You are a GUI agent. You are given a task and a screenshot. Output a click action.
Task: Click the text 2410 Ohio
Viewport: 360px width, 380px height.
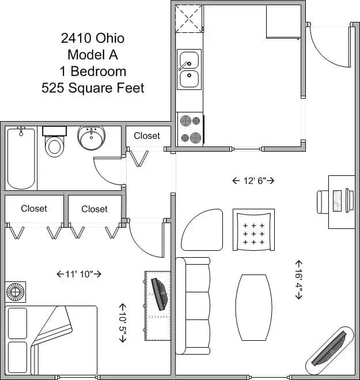click(x=92, y=39)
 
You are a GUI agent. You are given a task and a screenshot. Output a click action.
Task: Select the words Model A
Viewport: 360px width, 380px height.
click(x=92, y=55)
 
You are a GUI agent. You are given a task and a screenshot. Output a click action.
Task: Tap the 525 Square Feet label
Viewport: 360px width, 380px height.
click(x=92, y=88)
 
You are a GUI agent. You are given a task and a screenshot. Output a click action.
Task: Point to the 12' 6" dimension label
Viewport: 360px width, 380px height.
click(x=253, y=181)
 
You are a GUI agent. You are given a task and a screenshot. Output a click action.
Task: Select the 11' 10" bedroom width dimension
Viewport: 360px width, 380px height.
click(x=79, y=274)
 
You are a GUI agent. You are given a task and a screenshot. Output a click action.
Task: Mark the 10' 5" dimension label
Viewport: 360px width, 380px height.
click(x=122, y=323)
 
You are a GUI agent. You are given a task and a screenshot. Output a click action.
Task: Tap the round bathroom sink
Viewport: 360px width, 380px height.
click(x=91, y=138)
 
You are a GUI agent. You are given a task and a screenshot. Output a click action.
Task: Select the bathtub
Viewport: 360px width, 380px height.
click(x=21, y=158)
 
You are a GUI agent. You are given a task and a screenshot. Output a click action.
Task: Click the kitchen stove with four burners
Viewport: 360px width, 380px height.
click(x=190, y=129)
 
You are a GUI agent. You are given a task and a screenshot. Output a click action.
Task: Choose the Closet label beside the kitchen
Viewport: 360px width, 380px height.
click(x=147, y=136)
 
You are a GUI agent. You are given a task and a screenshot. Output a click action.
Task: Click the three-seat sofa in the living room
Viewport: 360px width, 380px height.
click(x=193, y=306)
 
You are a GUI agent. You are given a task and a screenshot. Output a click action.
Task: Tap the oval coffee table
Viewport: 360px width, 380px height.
click(x=253, y=307)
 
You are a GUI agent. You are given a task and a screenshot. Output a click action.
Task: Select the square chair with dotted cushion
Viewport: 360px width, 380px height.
click(x=253, y=229)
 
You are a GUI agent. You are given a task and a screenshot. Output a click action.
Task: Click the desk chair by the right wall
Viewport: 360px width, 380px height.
click(x=324, y=201)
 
